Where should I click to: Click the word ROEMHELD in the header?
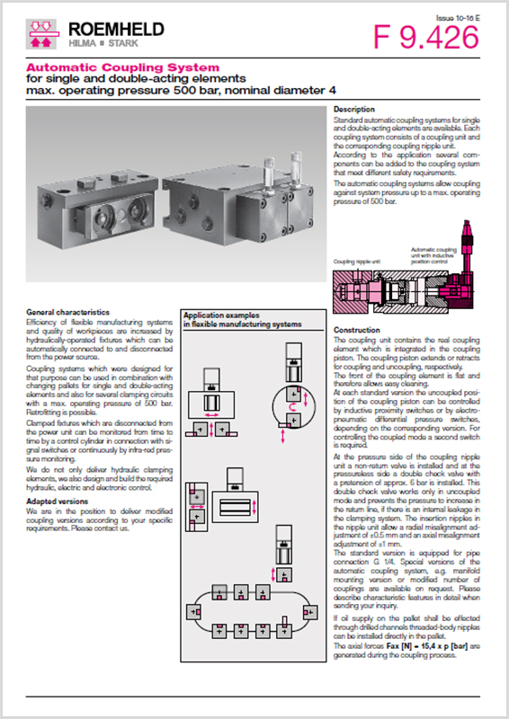[111, 31]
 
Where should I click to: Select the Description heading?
[354, 109]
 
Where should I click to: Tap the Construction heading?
[357, 330]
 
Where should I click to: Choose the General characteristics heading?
[67, 311]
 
